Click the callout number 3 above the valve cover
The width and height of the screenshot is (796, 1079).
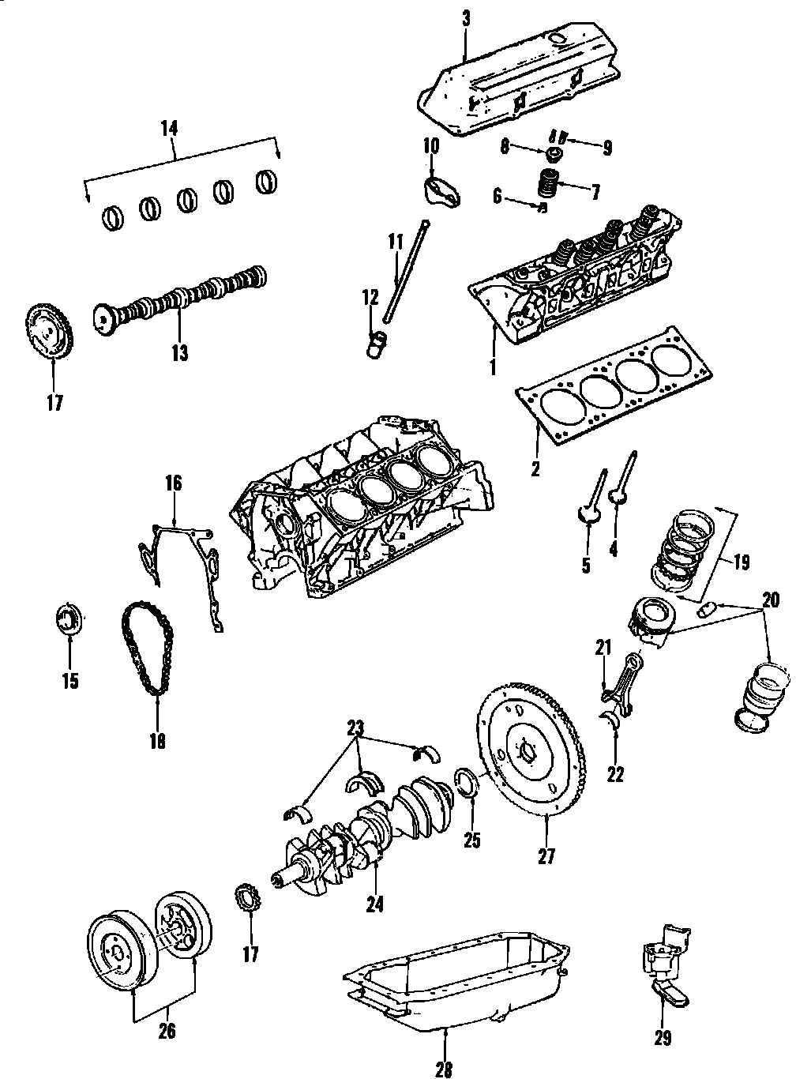[x=466, y=20]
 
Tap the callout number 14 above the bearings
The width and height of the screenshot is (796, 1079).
[x=168, y=127]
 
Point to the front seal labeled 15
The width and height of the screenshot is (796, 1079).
[x=69, y=618]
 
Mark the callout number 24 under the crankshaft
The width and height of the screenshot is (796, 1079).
[x=375, y=904]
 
